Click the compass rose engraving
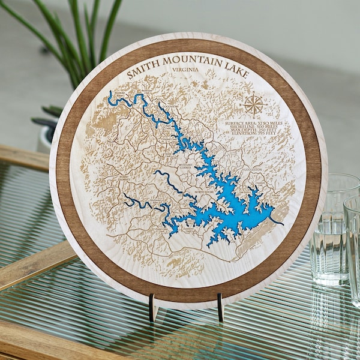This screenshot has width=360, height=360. [254, 105]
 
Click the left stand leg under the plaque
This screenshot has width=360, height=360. [153, 306]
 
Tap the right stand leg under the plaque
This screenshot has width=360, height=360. [221, 307]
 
